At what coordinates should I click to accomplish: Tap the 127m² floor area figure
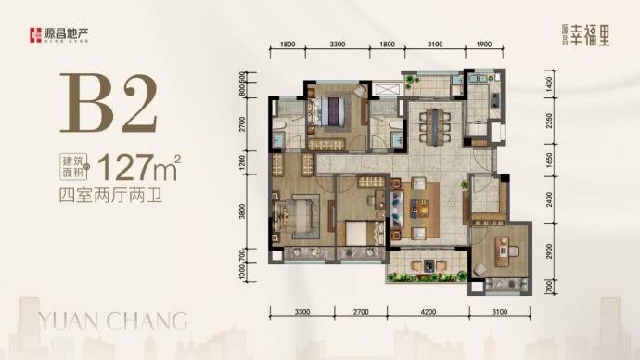tap(138, 169)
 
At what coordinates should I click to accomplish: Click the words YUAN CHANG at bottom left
tap(111, 321)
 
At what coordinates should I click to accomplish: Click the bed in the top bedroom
tap(333, 114)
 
